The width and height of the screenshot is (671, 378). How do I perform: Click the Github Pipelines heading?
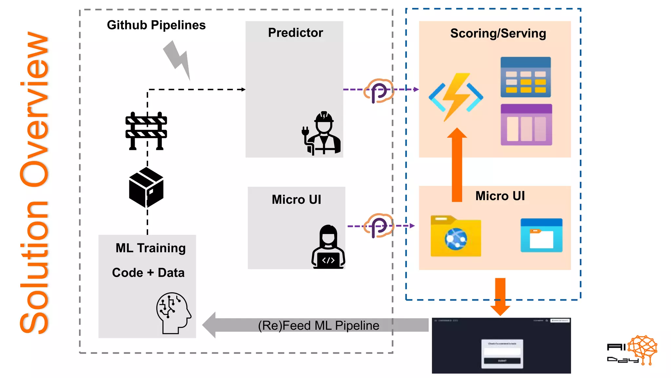coord(156,25)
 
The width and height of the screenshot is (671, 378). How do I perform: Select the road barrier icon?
coord(146,131)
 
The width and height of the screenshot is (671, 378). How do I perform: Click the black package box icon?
coord(146,187)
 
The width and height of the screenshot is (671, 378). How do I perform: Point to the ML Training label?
coord(150,248)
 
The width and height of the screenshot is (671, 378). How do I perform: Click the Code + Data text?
coord(148,273)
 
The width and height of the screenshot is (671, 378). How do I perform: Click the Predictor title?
coord(295,33)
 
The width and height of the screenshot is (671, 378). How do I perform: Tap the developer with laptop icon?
coord(328,247)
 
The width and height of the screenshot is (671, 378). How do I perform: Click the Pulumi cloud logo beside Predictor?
coord(378,91)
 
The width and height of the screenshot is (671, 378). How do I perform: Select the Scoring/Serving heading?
coord(498,33)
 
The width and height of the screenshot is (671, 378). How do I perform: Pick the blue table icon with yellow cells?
coord(525,77)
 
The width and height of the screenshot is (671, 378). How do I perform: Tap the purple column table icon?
coord(526,125)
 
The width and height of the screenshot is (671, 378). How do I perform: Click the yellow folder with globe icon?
coord(456,236)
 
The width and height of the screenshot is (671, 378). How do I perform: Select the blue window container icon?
coord(541,235)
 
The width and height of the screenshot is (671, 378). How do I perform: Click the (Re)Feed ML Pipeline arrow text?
coord(318,325)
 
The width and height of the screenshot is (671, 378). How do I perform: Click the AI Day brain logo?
coord(642,349)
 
